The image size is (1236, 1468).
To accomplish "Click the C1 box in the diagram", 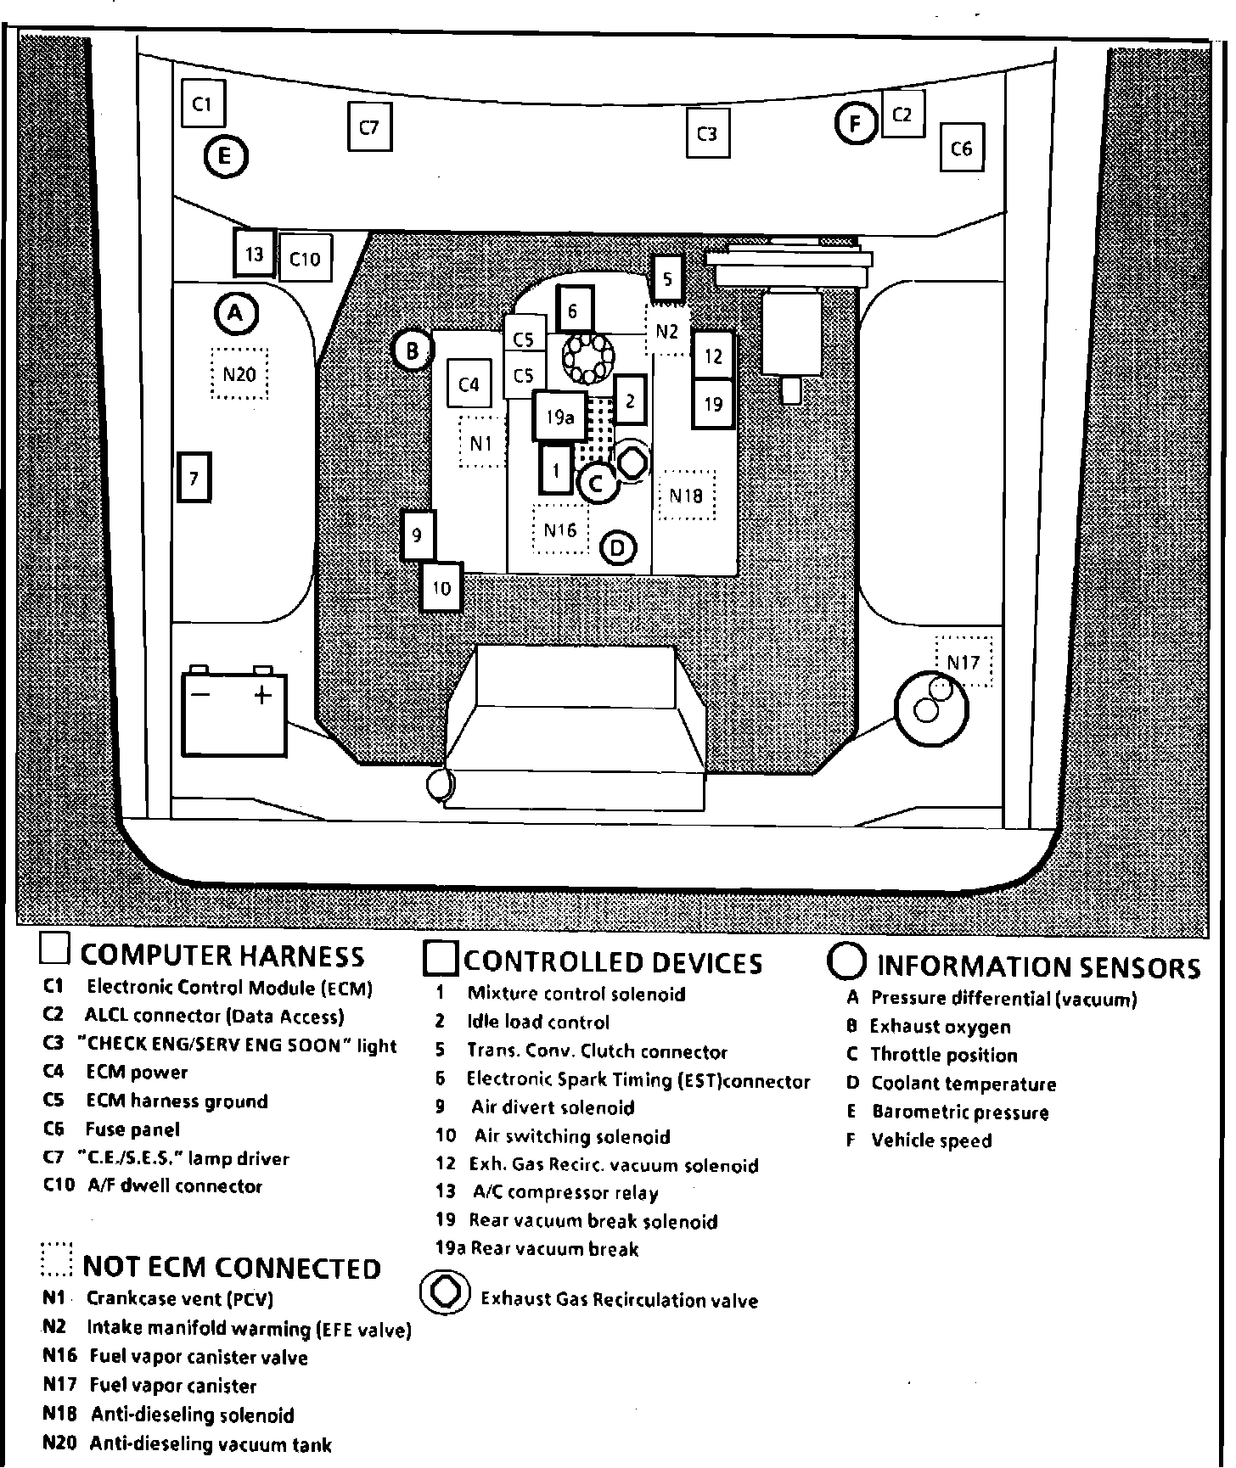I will click(202, 104).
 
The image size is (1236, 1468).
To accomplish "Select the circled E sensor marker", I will click(225, 156).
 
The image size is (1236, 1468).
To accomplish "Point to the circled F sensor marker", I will click(856, 124).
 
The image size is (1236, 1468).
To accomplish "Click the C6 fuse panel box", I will click(961, 148).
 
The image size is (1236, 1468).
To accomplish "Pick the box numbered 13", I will click(254, 253).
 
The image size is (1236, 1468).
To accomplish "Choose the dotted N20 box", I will click(239, 373).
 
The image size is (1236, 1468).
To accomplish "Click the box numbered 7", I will click(194, 478).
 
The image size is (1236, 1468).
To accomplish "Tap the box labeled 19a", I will click(560, 416).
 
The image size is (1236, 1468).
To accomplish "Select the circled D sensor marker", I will click(618, 548).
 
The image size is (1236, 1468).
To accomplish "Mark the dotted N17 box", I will click(964, 661).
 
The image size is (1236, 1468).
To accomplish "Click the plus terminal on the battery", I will click(263, 695).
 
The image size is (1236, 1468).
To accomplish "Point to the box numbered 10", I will click(441, 587).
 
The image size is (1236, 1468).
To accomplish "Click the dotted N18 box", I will click(686, 495).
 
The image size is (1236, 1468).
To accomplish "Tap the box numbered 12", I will click(713, 356).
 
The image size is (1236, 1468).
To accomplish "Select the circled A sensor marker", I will click(235, 314).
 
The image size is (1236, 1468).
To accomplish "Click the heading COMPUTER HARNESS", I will click(222, 956).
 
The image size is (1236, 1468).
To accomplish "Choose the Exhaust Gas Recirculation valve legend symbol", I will click(446, 1293).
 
